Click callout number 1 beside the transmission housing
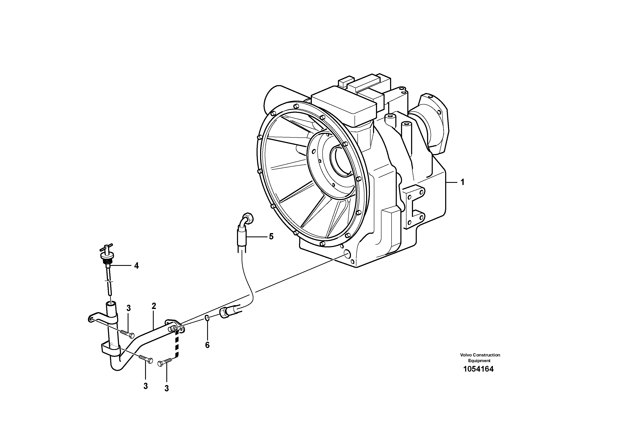[462, 182]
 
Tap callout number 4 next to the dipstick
[136, 266]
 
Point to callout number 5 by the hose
[271, 236]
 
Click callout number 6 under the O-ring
[207, 345]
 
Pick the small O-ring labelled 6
[207, 318]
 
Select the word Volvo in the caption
[466, 355]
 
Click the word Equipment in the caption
[479, 360]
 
